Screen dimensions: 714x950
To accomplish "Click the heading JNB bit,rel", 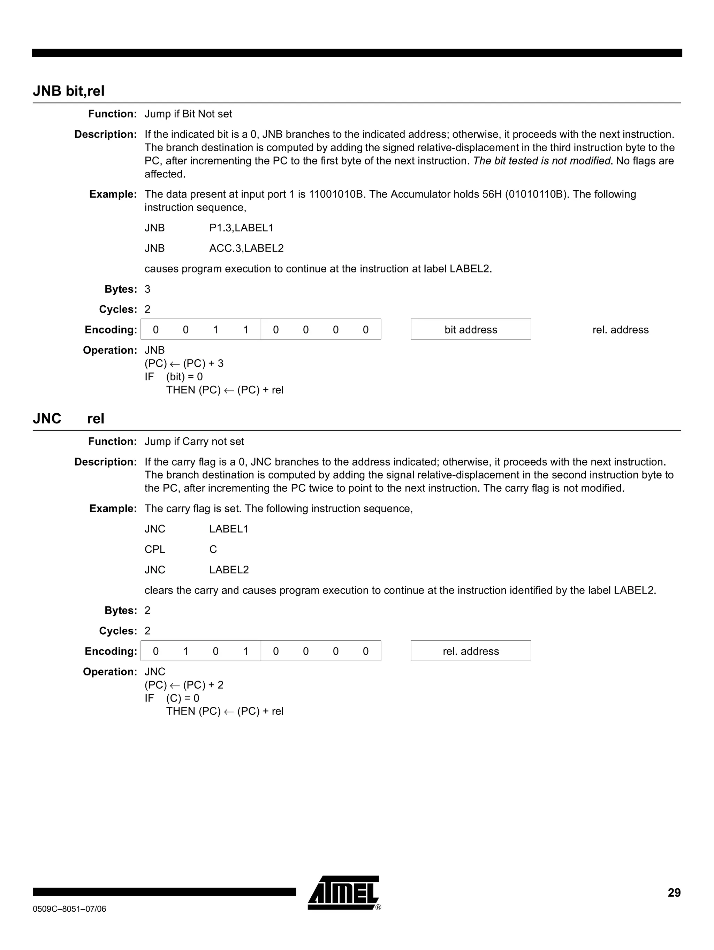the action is [x=69, y=91].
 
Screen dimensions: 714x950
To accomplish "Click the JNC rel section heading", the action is [x=69, y=418].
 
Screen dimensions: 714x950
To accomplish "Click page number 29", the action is [x=674, y=893].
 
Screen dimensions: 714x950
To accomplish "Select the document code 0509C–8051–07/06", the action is [x=70, y=909].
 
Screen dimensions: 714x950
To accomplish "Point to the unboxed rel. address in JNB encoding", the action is [x=620, y=329].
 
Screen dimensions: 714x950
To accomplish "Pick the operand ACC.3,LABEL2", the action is [x=246, y=248].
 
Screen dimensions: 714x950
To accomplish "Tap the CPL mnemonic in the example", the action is [x=155, y=549].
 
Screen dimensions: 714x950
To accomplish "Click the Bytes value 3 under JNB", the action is [x=147, y=289].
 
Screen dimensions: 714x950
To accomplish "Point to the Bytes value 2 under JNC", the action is [x=147, y=610].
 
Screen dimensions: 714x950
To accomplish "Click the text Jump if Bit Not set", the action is [x=188, y=114].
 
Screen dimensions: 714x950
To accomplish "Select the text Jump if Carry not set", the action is [x=194, y=442].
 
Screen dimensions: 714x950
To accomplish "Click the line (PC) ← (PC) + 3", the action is [x=184, y=363].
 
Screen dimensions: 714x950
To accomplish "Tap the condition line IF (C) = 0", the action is [x=172, y=698].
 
